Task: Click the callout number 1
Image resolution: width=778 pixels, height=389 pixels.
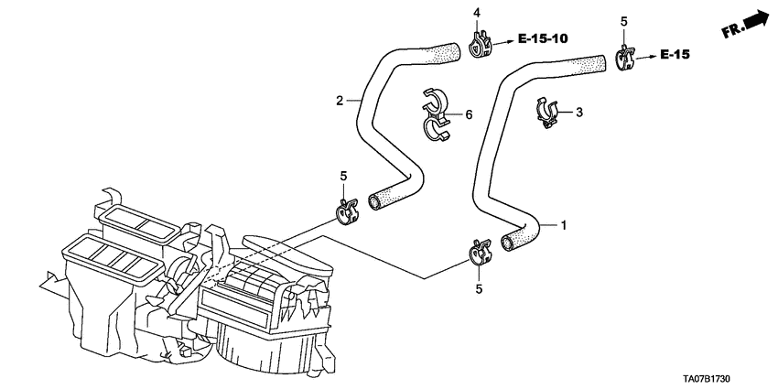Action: coord(563,224)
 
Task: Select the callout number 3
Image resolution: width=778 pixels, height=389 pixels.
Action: coord(578,112)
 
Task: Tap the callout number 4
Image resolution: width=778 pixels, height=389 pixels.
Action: coord(476,12)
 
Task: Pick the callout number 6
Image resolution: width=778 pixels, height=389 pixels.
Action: coord(468,114)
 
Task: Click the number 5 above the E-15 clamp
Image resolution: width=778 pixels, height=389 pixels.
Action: coord(623,20)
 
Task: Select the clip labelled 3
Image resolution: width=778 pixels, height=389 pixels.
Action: coord(547,113)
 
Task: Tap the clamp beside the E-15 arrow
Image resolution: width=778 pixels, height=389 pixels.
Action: coord(625,59)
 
